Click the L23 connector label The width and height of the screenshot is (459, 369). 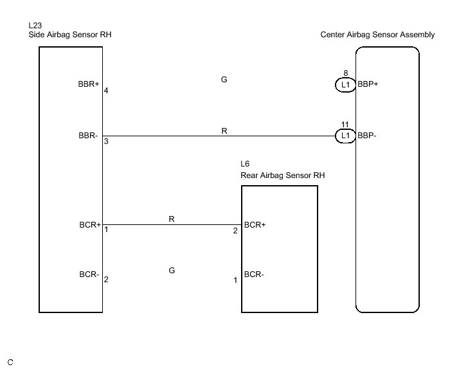click(x=35, y=25)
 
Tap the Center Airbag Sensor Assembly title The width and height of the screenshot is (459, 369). click(x=377, y=35)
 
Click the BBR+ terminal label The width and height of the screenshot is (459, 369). click(x=89, y=84)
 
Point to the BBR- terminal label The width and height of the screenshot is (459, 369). click(x=89, y=136)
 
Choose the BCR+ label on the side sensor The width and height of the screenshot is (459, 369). click(x=89, y=225)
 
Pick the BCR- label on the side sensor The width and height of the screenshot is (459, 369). click(x=89, y=274)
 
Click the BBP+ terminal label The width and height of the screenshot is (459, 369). click(x=368, y=84)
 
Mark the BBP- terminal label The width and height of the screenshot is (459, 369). click(x=367, y=136)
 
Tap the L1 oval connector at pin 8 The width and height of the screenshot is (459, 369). click(x=345, y=85)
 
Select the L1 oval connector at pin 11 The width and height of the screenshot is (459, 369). click(x=345, y=136)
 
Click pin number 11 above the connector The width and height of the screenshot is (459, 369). click(x=345, y=124)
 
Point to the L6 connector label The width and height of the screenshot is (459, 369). click(x=245, y=165)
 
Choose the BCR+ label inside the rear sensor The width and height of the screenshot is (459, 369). click(x=255, y=225)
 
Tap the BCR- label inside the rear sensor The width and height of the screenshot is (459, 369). click(x=255, y=274)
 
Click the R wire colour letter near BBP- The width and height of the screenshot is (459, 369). click(x=224, y=130)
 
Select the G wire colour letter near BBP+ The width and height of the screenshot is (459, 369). click(x=224, y=80)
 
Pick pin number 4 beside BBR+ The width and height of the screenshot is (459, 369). click(x=106, y=91)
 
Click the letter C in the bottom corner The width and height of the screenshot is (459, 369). click(x=10, y=363)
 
